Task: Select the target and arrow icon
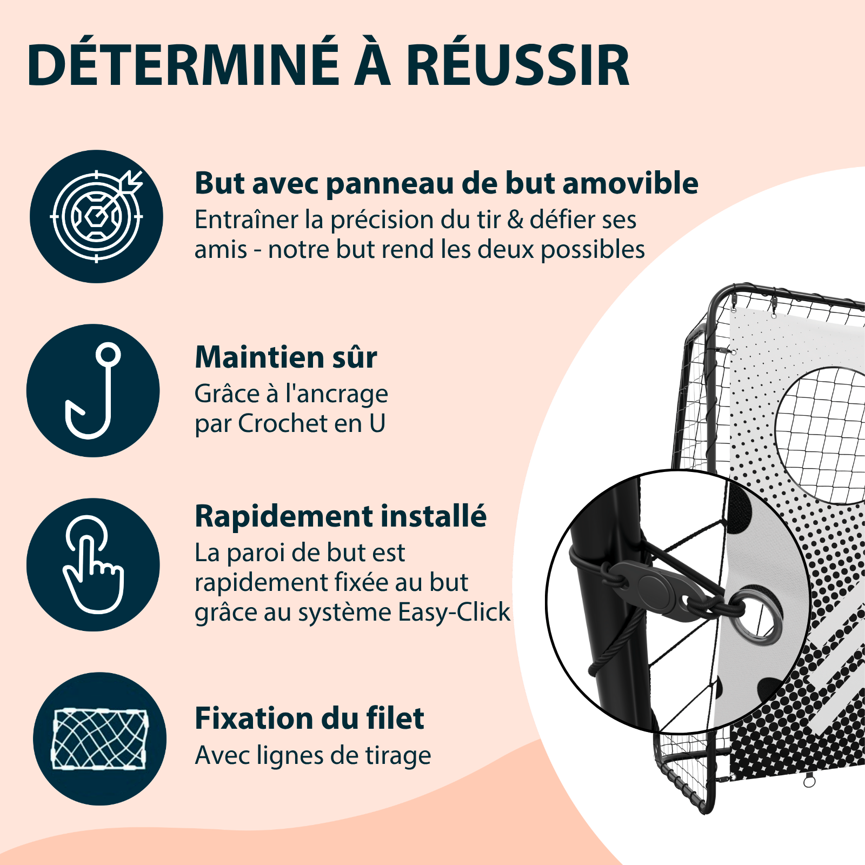96,216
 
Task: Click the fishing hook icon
93,390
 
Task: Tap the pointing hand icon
93,564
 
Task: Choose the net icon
99,738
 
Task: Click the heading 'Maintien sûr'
286,357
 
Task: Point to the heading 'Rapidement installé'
341,516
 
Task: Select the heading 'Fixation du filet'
309,718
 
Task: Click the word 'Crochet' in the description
283,423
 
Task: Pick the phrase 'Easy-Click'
454,613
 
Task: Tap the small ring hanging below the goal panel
809,781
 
